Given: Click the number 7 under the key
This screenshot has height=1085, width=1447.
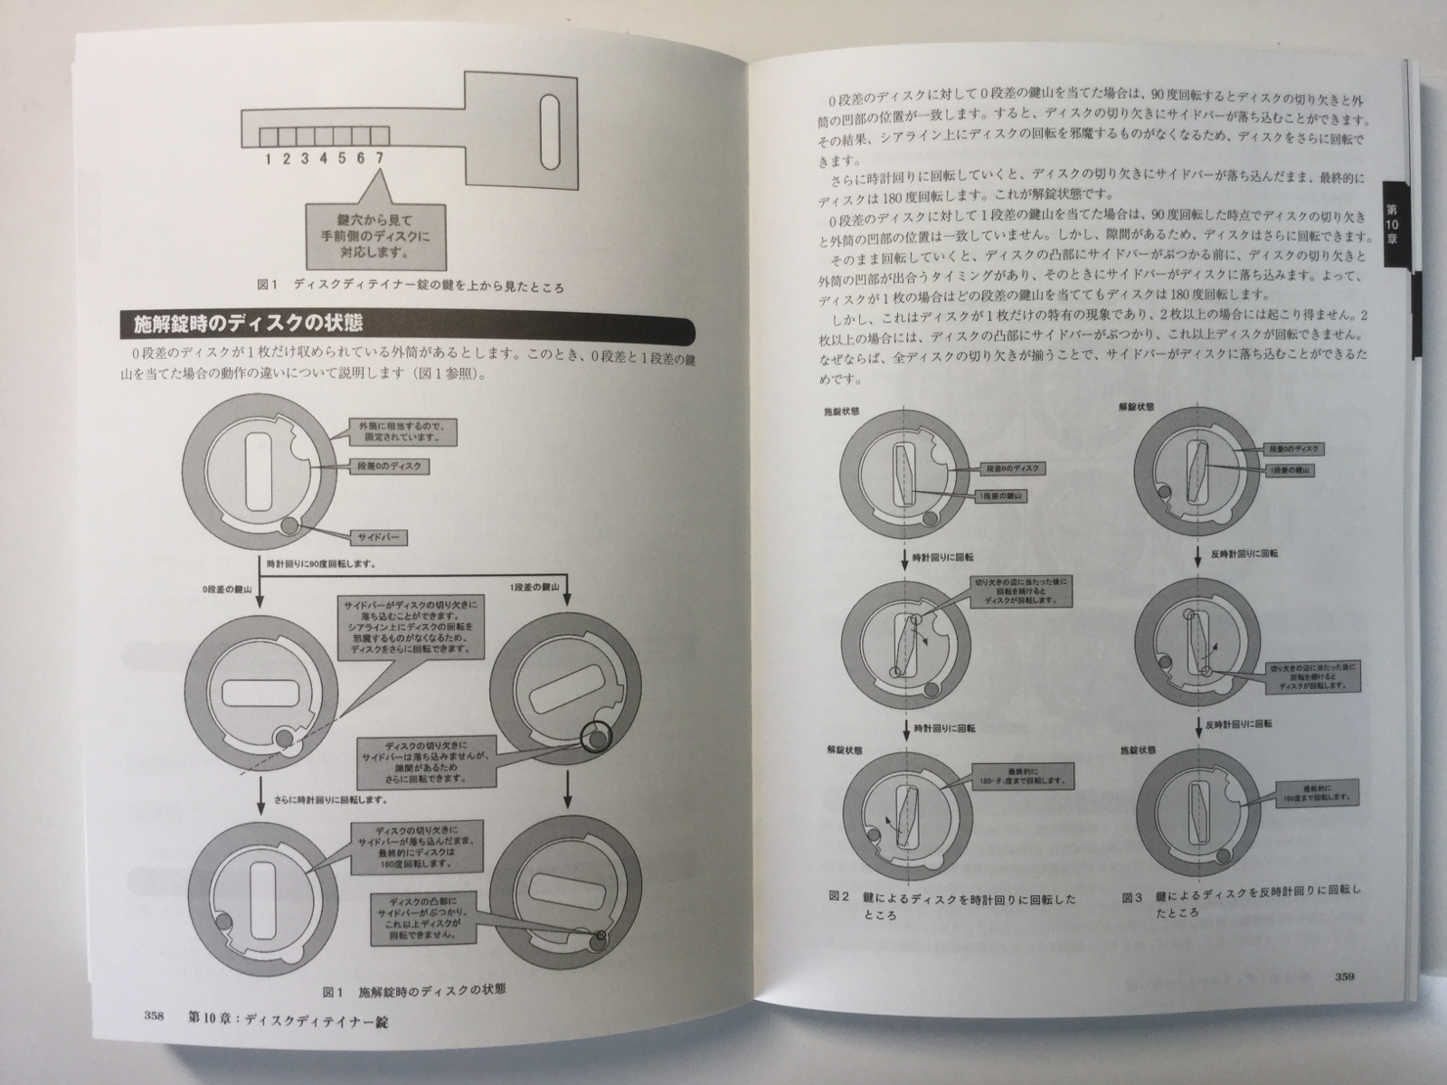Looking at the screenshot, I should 380,159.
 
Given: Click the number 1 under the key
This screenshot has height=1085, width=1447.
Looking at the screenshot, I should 269,159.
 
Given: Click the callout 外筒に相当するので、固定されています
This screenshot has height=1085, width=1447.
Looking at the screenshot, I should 402,429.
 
